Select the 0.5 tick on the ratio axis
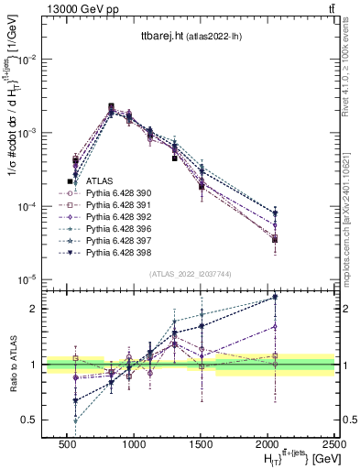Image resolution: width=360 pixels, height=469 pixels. [x=30, y=420]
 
